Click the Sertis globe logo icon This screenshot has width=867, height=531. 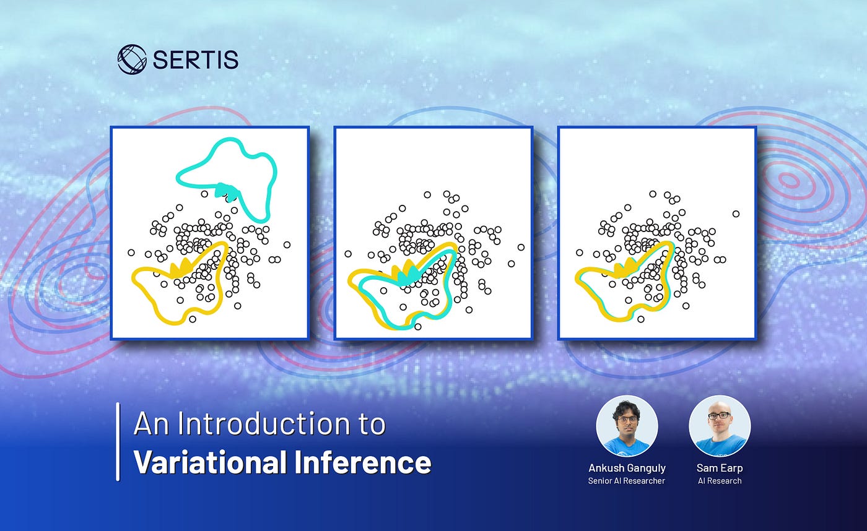click(132, 59)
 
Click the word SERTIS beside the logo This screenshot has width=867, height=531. click(196, 59)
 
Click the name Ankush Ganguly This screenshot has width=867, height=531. click(627, 468)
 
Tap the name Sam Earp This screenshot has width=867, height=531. click(720, 468)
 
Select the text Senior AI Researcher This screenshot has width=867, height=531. click(627, 481)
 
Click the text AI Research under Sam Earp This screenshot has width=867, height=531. click(720, 481)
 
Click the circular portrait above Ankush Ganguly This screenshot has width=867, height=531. click(627, 426)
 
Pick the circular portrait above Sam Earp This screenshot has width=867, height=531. click(720, 426)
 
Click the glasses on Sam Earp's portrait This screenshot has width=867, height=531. click(719, 416)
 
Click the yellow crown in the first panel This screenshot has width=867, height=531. click(181, 267)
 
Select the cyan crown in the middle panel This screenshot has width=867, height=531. click(408, 274)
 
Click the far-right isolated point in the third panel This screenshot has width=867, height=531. click(736, 214)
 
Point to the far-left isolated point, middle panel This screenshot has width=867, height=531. click(348, 254)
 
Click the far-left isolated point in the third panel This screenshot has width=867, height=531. click(580, 253)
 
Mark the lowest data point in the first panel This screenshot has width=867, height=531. click(193, 319)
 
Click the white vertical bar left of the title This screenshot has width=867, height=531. click(118, 442)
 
